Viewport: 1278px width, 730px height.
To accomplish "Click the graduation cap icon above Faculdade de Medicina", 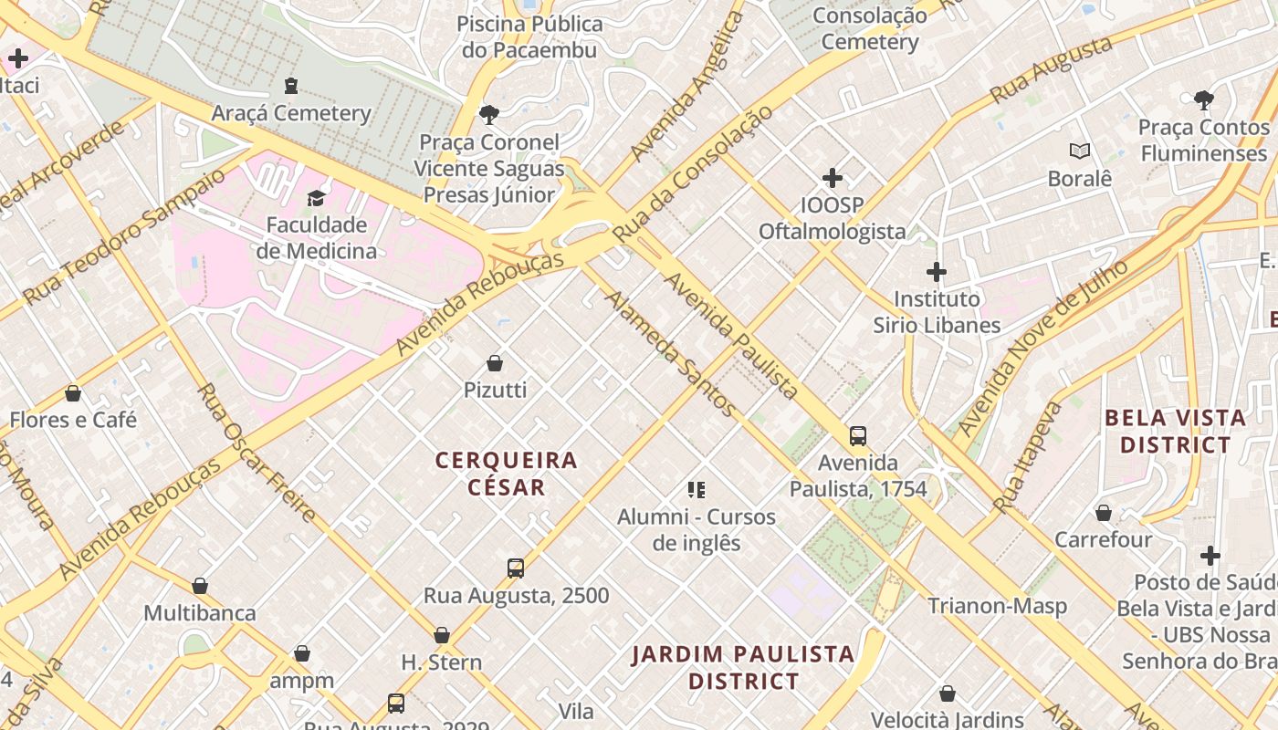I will [316, 198].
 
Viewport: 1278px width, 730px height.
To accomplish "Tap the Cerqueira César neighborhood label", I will [507, 474].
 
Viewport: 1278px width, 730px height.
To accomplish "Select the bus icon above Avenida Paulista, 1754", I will [858, 436].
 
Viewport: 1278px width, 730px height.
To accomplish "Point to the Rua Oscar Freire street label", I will [257, 453].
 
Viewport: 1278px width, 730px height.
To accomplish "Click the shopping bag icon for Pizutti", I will [495, 363].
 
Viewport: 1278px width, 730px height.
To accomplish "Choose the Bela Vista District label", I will [1175, 432].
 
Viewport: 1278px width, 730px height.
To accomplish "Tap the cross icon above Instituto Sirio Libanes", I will [936, 272].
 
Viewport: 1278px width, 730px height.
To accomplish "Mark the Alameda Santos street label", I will [670, 354].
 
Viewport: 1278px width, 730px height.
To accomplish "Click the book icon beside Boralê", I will [1080, 151].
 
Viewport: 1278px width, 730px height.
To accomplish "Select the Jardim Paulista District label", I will [743, 667].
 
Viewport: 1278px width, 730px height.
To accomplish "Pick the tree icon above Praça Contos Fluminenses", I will [1203, 100].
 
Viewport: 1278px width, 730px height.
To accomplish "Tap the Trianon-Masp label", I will [997, 606].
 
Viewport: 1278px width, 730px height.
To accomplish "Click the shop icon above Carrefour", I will [1104, 513].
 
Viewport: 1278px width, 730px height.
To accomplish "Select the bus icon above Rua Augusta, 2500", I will [516, 568].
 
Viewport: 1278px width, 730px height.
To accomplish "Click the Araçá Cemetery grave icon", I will [291, 87].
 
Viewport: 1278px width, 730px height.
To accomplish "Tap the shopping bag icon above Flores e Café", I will [73, 393].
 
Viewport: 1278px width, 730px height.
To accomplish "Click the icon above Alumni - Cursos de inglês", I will [697, 490].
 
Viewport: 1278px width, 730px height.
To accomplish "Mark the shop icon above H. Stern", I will [442, 635].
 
